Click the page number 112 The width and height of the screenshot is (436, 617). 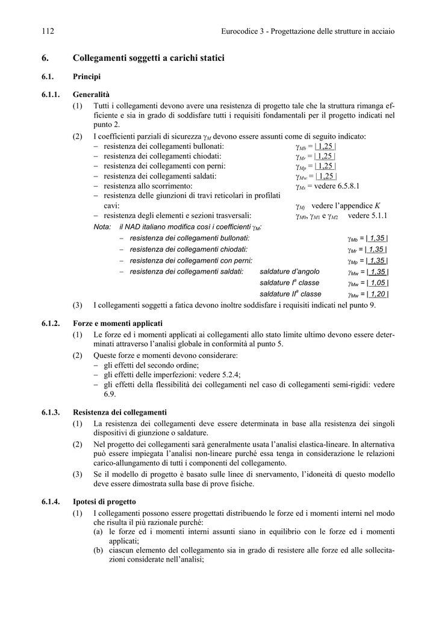click(48, 31)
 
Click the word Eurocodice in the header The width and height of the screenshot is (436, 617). click(240, 31)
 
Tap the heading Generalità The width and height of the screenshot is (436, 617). click(92, 95)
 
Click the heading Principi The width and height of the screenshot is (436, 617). click(87, 77)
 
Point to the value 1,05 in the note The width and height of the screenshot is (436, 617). click(378, 283)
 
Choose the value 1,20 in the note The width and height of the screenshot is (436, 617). click(378, 294)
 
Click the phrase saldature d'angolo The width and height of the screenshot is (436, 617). click(290, 272)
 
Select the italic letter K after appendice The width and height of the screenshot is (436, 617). click(377, 205)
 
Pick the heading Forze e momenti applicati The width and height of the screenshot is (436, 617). click(117, 324)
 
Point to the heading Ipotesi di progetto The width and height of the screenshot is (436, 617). click(104, 501)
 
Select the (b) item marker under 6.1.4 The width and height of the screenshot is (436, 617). click(98, 550)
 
